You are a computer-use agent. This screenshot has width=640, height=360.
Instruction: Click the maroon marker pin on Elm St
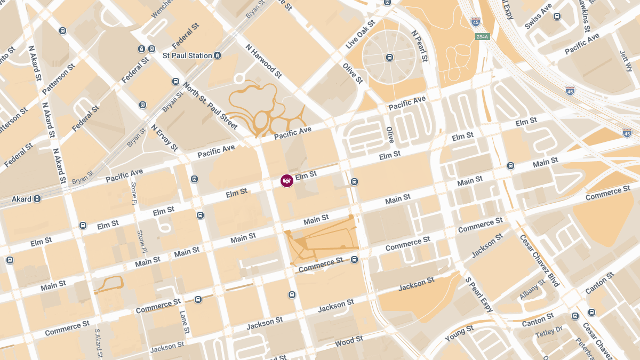click(x=287, y=180)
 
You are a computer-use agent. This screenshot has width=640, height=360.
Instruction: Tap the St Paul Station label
click(x=187, y=55)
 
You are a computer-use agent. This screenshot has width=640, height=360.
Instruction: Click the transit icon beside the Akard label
click(x=37, y=199)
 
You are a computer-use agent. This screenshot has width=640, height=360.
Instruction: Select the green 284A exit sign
click(x=482, y=37)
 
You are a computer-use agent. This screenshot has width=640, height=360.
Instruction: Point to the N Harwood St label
click(x=263, y=61)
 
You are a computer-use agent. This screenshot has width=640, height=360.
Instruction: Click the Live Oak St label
click(x=361, y=35)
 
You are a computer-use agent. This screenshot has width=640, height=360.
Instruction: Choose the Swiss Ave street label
click(x=538, y=17)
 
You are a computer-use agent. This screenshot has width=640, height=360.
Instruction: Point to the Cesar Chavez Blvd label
click(x=539, y=260)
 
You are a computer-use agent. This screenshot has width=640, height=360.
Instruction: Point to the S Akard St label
click(x=98, y=343)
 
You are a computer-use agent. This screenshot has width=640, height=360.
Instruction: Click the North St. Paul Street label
click(x=210, y=106)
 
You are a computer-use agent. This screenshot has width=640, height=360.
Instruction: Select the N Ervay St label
click(x=164, y=138)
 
